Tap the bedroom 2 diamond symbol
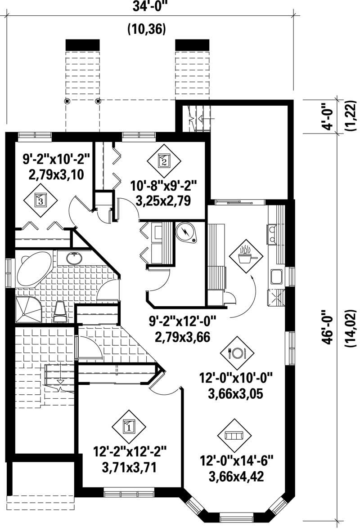pos(164,160)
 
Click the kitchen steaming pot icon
pos(245,255)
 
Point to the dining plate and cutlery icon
pos(237,353)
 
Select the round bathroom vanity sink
pos(74,259)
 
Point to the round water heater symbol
pos(186,232)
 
